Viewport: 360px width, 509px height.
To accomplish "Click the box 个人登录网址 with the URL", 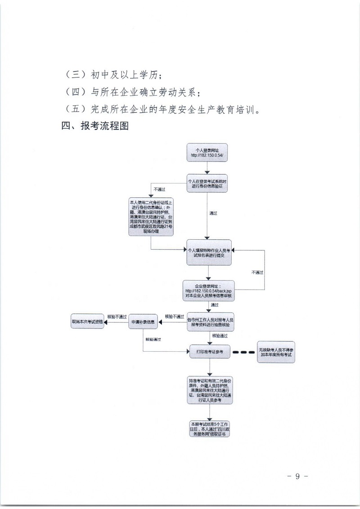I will [x=207, y=153].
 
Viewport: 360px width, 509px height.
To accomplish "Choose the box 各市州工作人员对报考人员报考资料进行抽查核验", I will [x=211, y=321].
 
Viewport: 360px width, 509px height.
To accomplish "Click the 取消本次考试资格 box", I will [x=87, y=322].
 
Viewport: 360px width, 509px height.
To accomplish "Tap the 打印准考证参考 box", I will [x=210, y=352].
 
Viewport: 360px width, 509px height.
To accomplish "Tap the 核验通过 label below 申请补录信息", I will [x=153, y=339].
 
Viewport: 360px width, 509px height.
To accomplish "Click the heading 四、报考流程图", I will [x=95, y=126].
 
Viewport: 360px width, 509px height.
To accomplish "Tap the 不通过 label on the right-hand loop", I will [x=257, y=272].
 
